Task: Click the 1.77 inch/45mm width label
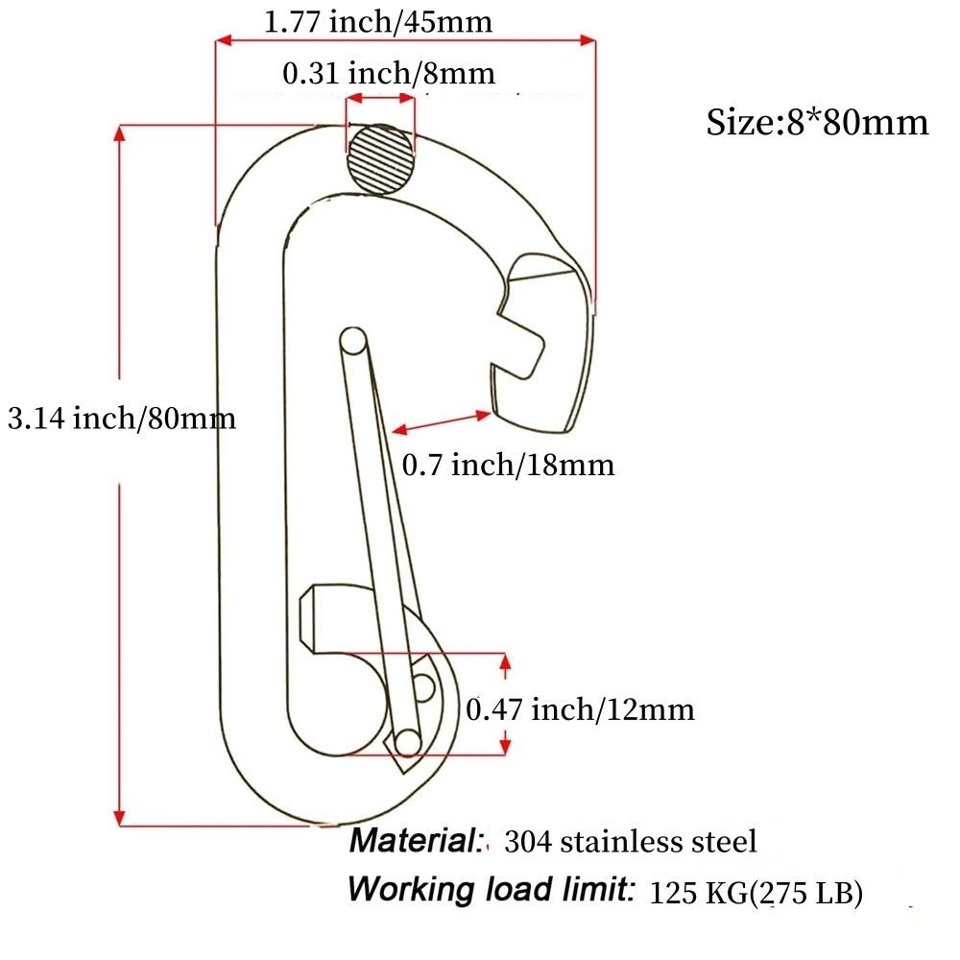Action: pos(377,21)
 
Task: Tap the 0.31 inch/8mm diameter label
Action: pos(389,72)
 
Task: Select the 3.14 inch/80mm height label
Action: pos(121,418)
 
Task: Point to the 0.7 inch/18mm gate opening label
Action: pos(507,466)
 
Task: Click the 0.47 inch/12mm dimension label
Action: pos(579,709)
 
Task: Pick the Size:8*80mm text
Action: pos(817,122)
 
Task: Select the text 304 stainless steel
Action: pos(630,842)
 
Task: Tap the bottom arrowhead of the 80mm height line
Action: pos(120,815)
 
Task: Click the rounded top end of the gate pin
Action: pos(352,340)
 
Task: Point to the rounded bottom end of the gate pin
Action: pos(408,740)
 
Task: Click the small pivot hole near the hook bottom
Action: pos(423,684)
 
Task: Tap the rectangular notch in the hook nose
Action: pos(524,338)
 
